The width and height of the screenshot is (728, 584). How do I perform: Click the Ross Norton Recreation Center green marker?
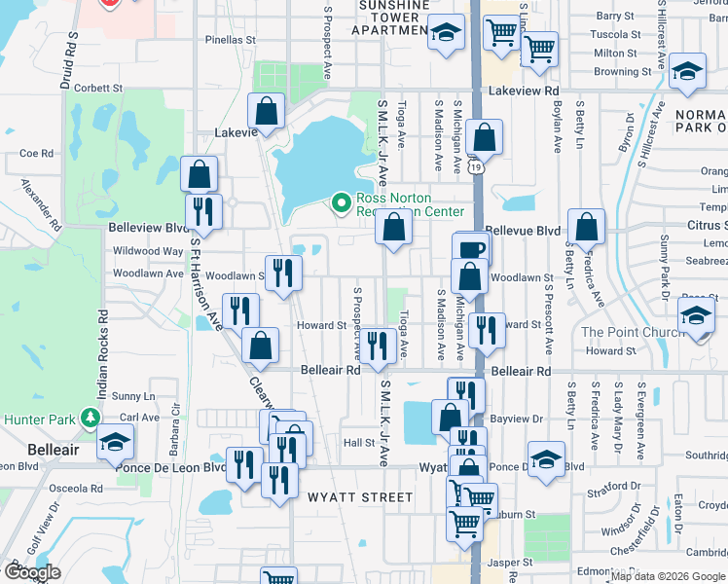341,202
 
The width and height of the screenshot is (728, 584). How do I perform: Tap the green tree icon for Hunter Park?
91,419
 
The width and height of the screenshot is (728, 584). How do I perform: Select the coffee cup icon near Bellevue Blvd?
471,249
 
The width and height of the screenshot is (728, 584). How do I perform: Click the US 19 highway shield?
474,166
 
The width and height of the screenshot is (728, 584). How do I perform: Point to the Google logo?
31,572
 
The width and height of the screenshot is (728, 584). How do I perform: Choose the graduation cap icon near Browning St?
687,71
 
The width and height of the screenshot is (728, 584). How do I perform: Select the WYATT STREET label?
346,496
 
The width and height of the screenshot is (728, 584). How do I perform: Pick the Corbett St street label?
96,88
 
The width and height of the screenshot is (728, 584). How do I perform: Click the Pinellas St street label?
230,40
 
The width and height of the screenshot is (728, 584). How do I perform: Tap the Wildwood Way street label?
148,251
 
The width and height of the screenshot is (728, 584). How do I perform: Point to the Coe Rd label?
36,153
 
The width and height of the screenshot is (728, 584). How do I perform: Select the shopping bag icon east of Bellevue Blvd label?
586,227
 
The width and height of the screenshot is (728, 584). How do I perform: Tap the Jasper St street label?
510,562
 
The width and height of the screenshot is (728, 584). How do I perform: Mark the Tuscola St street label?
615,34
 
